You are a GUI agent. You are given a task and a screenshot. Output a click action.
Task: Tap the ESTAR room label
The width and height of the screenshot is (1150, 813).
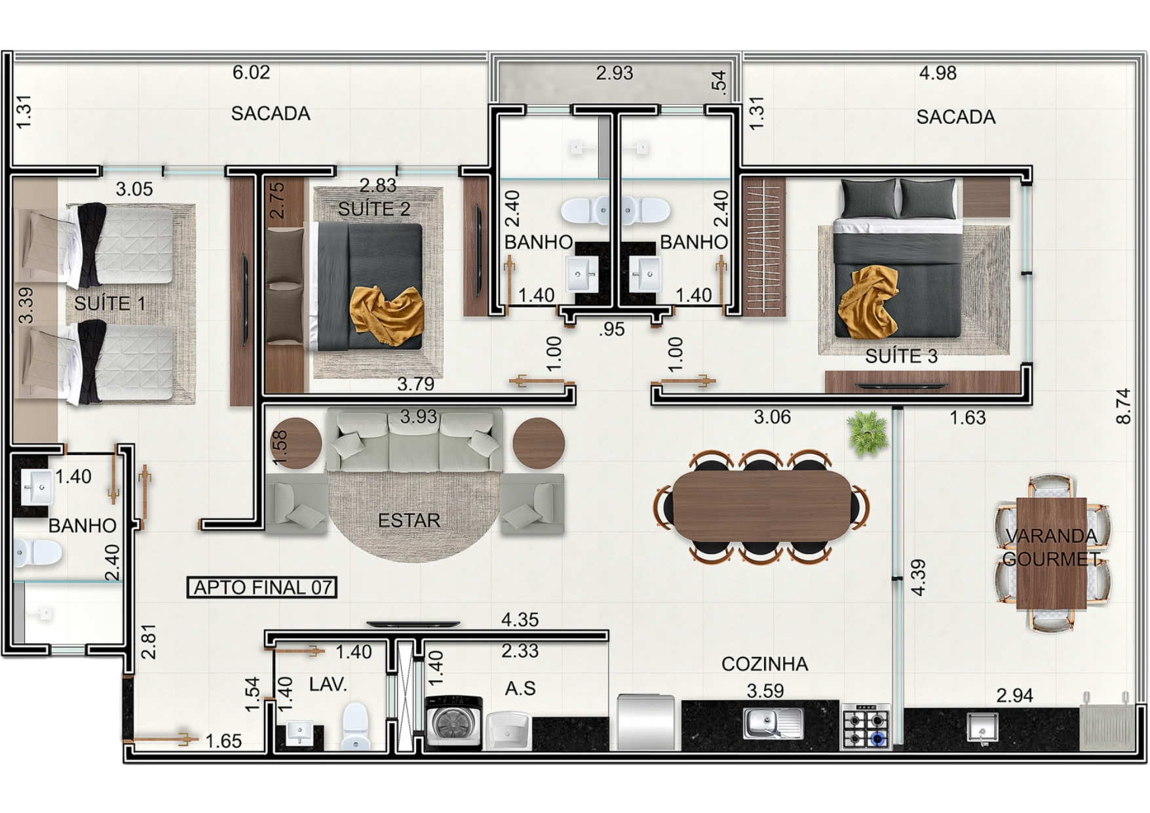(x=409, y=521)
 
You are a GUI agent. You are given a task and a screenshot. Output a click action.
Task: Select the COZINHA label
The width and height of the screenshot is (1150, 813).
(x=765, y=664)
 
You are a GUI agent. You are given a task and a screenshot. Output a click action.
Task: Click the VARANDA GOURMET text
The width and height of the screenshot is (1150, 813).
(x=1051, y=547)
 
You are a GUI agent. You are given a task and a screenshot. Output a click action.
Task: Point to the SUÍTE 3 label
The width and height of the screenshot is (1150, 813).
(x=901, y=356)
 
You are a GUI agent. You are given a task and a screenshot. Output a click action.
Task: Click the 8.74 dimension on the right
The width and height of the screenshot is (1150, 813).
(x=1123, y=406)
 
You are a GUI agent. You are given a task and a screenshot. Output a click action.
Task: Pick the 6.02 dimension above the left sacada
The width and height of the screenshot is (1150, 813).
(x=251, y=72)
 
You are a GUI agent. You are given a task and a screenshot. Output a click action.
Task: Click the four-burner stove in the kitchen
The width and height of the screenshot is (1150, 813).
(x=866, y=726)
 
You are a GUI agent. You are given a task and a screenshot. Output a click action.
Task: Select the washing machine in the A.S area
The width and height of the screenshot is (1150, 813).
(x=453, y=723)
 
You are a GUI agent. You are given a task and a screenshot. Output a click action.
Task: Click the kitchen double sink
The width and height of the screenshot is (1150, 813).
(x=773, y=723)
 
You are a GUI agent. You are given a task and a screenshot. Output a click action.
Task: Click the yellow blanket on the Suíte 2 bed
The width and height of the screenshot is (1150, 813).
(x=387, y=315)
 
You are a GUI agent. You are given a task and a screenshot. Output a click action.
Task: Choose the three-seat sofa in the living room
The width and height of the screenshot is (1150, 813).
(x=414, y=441)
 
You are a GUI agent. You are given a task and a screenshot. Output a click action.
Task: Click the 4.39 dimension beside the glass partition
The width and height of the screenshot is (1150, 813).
(x=918, y=577)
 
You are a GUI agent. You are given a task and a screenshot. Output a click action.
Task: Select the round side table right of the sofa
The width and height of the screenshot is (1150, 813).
(x=539, y=443)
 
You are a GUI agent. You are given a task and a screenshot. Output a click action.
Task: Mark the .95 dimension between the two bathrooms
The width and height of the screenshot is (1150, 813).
(x=611, y=329)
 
